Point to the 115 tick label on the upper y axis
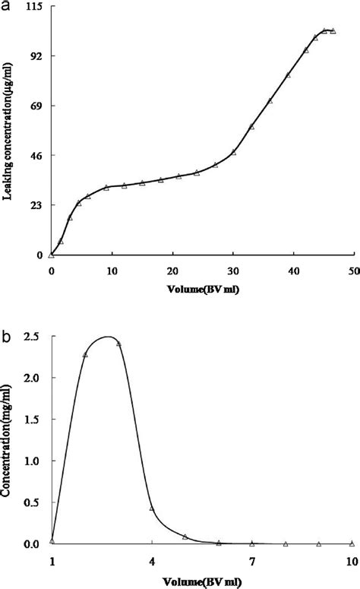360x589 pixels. (33, 7)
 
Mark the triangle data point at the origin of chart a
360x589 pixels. (51, 255)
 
